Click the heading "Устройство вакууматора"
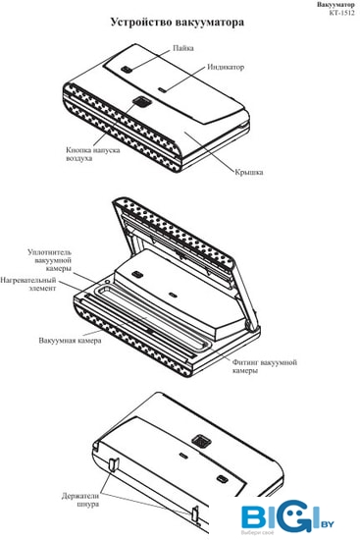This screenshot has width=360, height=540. click(178, 22)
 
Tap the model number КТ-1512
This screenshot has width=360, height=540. click(341, 13)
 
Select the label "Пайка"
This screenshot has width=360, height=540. click(183, 48)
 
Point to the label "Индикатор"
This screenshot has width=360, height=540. click(226, 67)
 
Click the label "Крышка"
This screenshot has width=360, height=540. click(249, 172)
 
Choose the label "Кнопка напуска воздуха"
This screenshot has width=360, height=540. click(93, 154)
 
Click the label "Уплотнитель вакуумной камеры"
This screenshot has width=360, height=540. click(50, 260)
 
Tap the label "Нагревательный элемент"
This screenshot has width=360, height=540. click(28, 284)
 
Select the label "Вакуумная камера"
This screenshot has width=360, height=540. click(70, 341)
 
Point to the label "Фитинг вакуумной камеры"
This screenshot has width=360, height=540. click(264, 366)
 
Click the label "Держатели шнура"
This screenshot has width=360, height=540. click(80, 500)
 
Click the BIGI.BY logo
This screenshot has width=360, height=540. click(287, 517)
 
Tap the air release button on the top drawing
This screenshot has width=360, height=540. click(141, 101)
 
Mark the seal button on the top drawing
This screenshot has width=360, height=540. click(127, 70)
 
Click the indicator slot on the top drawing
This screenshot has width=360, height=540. click(162, 90)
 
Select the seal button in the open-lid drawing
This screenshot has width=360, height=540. click(137, 274)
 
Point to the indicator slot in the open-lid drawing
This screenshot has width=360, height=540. click(172, 295)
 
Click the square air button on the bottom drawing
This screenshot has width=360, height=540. click(199, 441)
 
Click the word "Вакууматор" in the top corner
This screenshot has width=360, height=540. click(335, 5)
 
